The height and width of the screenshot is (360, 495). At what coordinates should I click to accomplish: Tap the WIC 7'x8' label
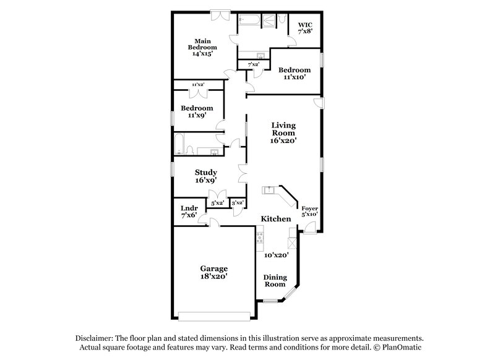(x=306, y=27)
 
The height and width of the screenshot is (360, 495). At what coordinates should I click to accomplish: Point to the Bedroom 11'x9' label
(x=196, y=111)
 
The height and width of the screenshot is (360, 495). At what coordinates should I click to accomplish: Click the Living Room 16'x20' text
(x=284, y=132)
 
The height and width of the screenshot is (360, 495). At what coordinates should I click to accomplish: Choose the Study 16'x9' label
(x=205, y=176)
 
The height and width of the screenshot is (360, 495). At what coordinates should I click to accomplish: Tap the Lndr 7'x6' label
(x=188, y=212)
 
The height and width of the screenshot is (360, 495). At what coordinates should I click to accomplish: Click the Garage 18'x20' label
(x=213, y=273)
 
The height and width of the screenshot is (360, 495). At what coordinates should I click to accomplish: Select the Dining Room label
(x=275, y=281)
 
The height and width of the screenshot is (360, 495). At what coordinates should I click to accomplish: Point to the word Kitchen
(x=276, y=219)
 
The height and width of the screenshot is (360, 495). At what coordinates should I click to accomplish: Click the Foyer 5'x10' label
(x=309, y=212)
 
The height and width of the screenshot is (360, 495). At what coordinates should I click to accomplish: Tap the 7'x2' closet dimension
(x=253, y=64)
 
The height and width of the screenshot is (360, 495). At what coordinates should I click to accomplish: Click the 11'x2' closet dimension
(x=198, y=84)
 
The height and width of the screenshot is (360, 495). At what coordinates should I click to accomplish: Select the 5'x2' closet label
(x=217, y=202)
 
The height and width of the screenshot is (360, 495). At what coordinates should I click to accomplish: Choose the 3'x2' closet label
(x=237, y=202)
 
